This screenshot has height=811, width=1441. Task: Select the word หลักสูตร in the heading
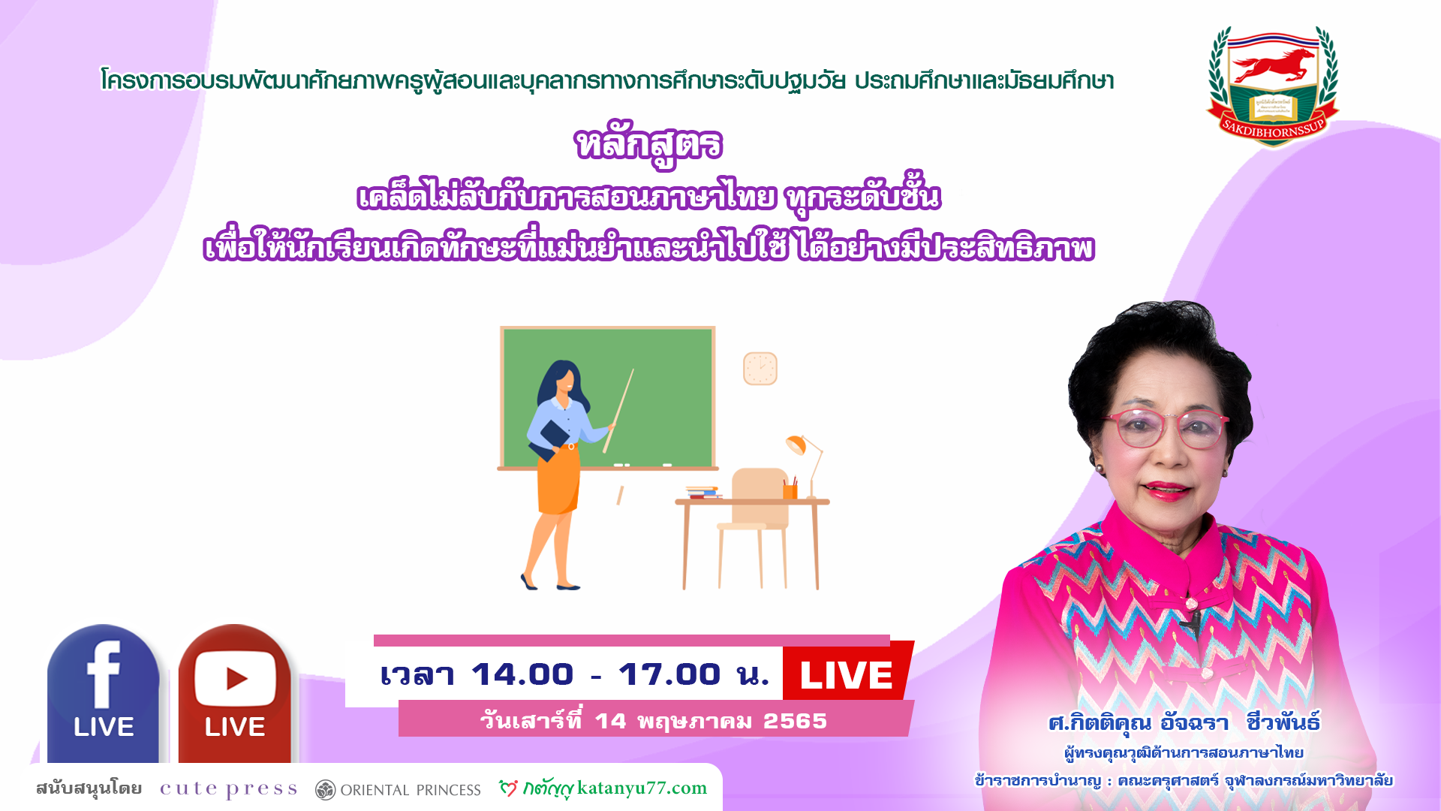pyautogui.click(x=648, y=145)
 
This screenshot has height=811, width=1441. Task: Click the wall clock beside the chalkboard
pyautogui.click(x=760, y=369)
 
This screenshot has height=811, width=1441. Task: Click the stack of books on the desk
pyautogui.click(x=702, y=492)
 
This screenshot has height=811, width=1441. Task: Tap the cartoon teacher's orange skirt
pyautogui.click(x=558, y=481)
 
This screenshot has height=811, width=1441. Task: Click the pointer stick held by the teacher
pyautogui.click(x=618, y=411)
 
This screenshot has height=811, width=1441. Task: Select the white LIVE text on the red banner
pyautogui.click(x=847, y=675)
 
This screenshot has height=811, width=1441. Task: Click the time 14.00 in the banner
pyautogui.click(x=522, y=674)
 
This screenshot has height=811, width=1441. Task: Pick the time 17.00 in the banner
pyautogui.click(x=669, y=674)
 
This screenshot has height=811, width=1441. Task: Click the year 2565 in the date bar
pyautogui.click(x=795, y=721)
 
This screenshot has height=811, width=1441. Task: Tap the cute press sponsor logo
pyautogui.click(x=229, y=788)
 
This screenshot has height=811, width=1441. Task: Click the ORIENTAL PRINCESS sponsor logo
pyautogui.click(x=398, y=789)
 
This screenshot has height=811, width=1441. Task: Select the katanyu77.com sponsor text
pyautogui.click(x=642, y=788)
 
